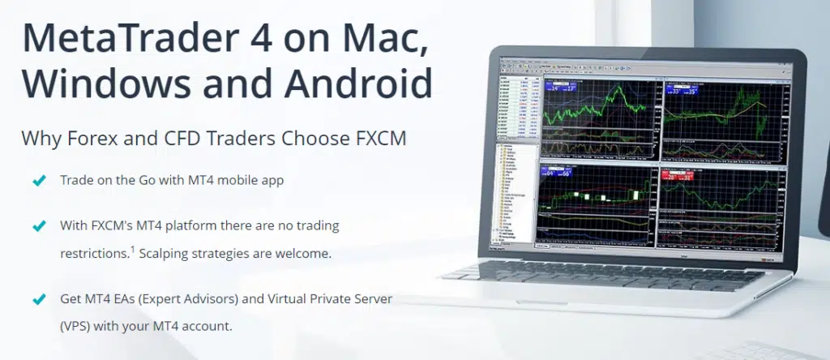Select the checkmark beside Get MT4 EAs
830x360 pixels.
38,299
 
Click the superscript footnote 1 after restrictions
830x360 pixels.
132,248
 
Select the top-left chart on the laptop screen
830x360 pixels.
599,122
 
